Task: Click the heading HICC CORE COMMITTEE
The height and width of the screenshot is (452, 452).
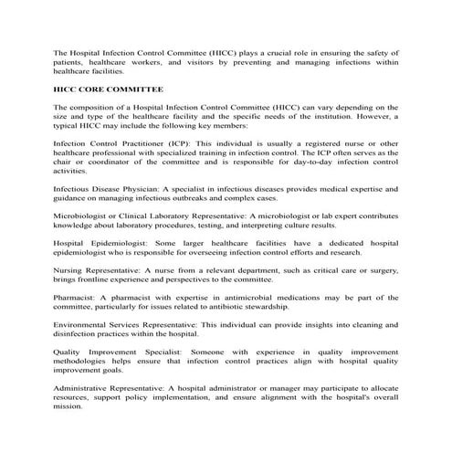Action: [x=109, y=90]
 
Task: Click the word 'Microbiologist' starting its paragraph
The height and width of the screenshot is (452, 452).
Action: [x=83, y=215]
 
